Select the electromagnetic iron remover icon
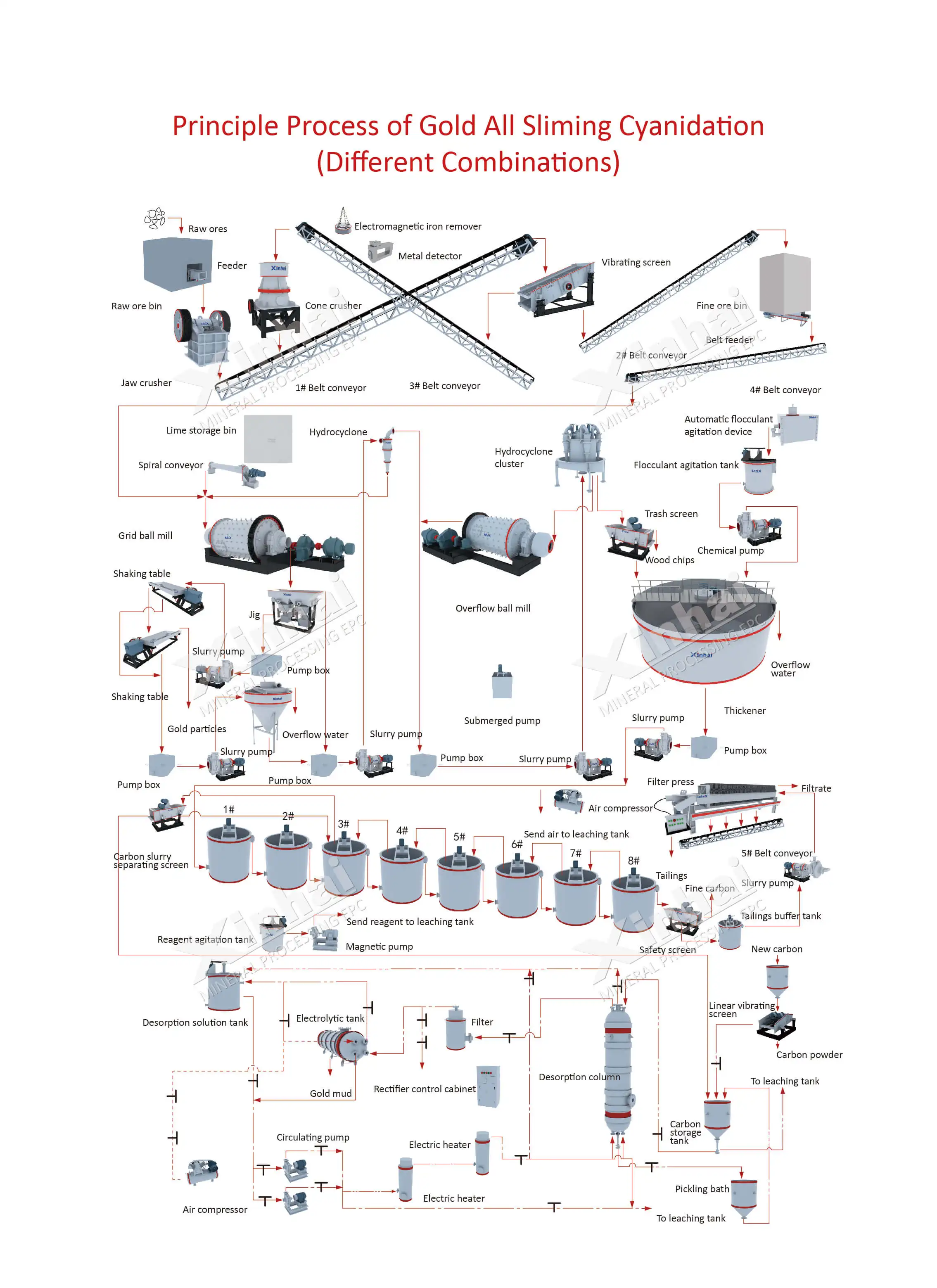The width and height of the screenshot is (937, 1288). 342,221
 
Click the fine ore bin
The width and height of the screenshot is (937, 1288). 785,284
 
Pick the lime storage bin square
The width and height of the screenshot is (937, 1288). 268,439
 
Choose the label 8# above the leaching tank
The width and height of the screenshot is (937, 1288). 634,861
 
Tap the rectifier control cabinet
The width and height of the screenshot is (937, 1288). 489,1086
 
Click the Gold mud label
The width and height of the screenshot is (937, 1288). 330,1093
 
